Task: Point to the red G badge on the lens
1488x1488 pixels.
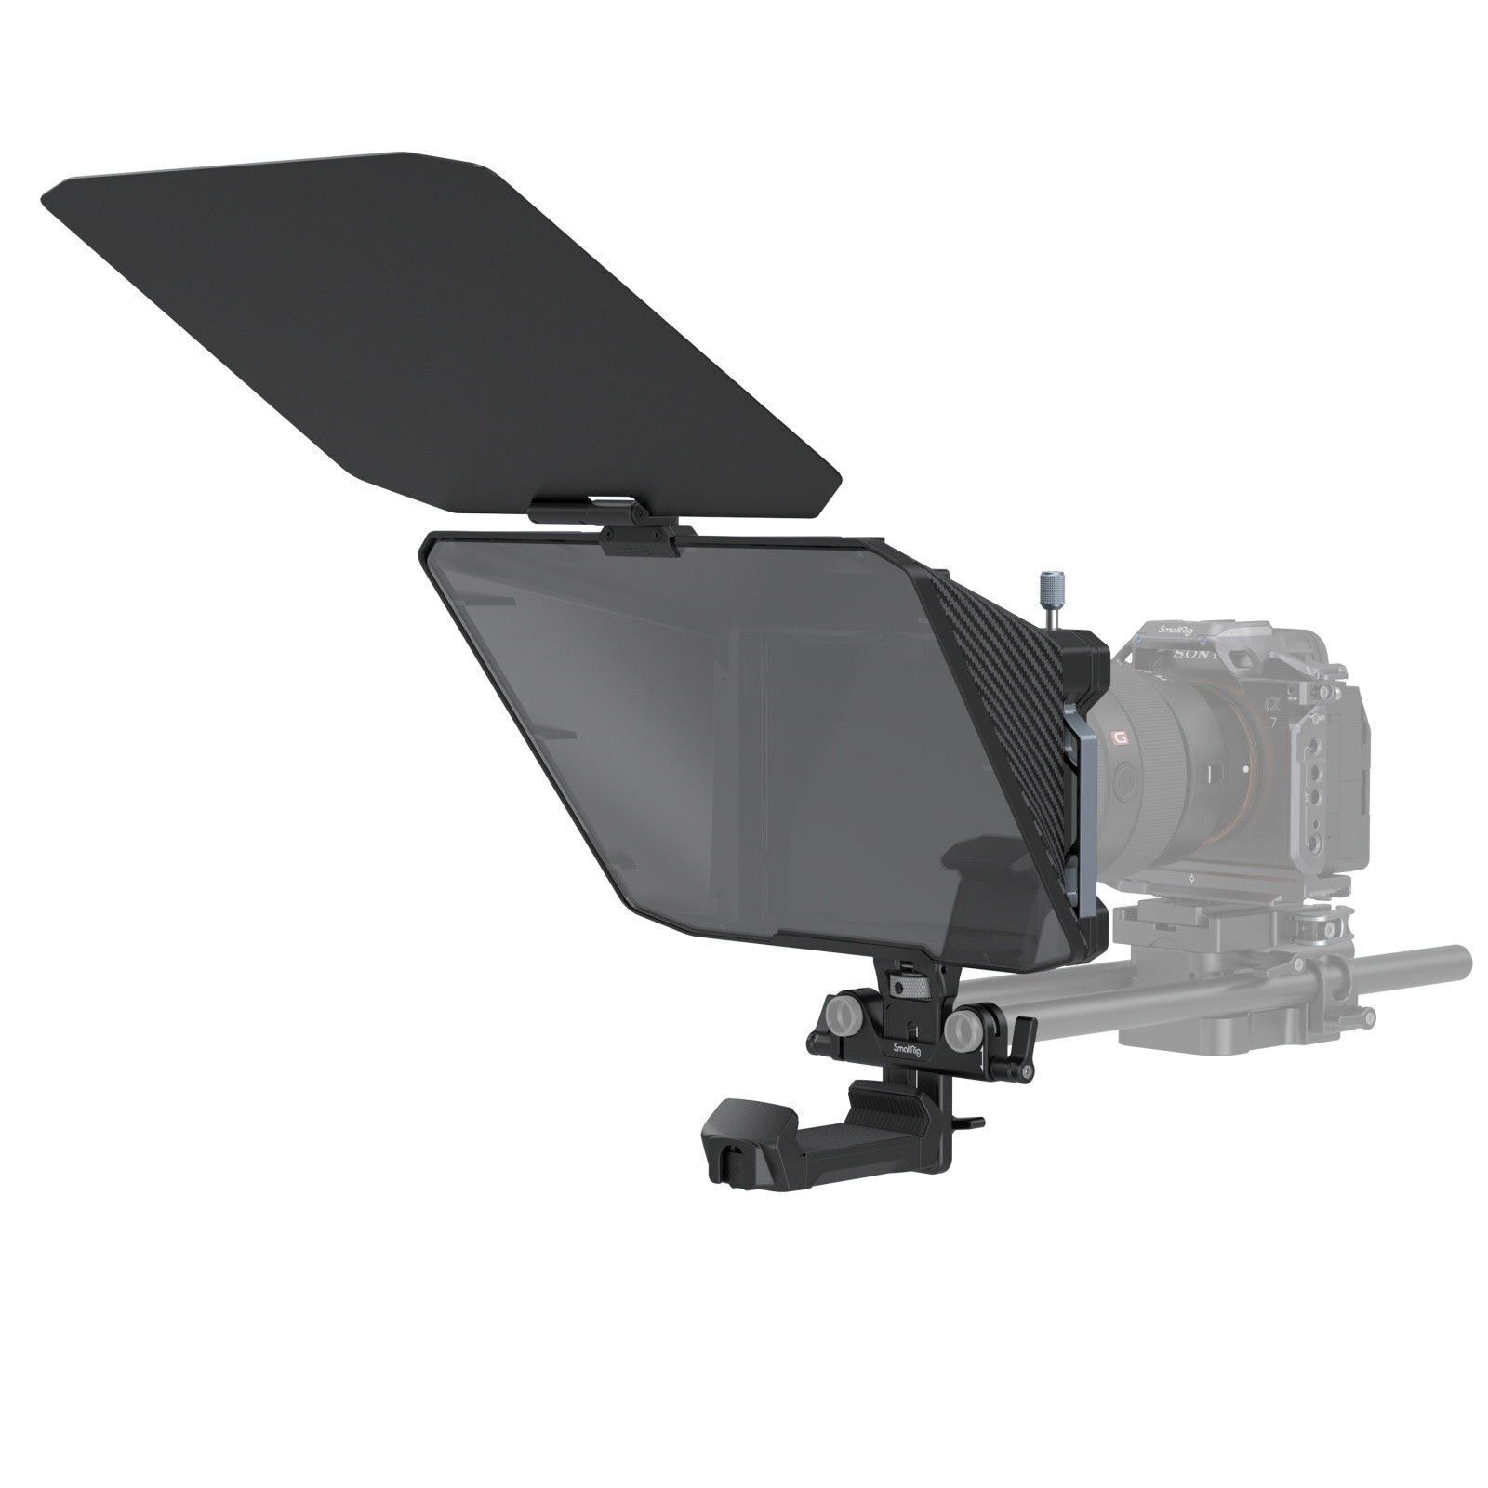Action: click(1117, 713)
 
